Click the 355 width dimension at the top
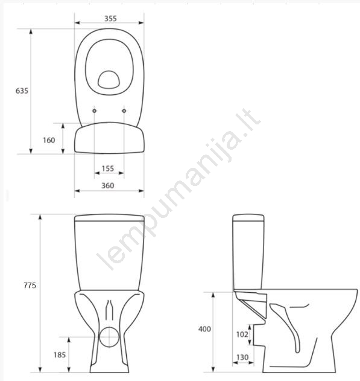pos(110,19)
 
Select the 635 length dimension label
pos(22,91)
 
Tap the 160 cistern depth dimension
pos(49,140)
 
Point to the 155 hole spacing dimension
pos(108,168)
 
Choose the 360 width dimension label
pos(108,185)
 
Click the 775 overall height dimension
pos(30,285)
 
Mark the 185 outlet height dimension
pos(60,355)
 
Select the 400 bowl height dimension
pos(204,329)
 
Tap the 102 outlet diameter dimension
pos(242,335)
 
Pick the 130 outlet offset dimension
pos(242,357)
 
